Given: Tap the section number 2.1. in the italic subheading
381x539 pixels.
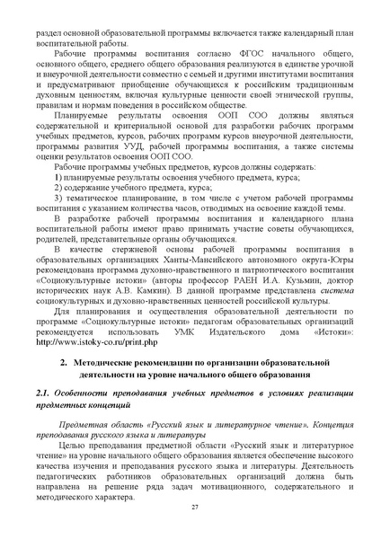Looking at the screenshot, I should tap(44, 394).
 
